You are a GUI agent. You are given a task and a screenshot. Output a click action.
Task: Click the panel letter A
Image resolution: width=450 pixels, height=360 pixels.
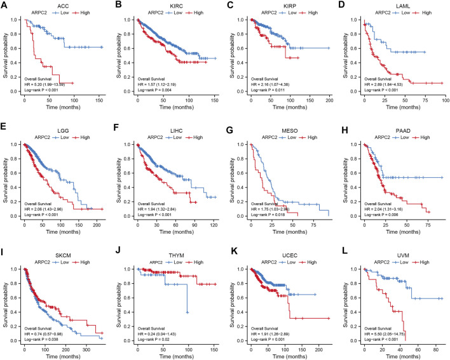point(5,5)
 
